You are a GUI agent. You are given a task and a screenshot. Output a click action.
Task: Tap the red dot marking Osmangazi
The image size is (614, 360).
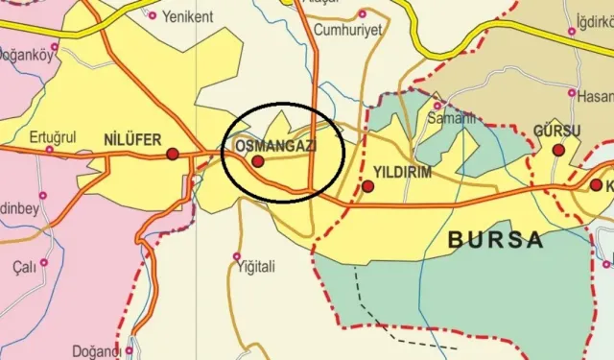(x=257, y=162)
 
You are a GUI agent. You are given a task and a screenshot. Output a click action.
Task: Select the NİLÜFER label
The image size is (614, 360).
(x=131, y=138)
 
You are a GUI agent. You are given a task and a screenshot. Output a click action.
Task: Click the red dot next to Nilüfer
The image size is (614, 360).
(x=173, y=154)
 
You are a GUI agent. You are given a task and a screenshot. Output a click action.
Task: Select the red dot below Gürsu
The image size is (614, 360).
(x=558, y=150)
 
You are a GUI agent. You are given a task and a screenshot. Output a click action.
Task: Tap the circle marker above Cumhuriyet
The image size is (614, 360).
(x=362, y=14)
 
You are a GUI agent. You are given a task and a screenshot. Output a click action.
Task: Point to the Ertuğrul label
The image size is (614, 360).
(x=53, y=135)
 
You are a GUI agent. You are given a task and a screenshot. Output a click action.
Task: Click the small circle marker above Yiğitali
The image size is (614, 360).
(x=237, y=256)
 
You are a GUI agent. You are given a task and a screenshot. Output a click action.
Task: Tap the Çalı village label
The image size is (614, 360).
(x=23, y=265)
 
